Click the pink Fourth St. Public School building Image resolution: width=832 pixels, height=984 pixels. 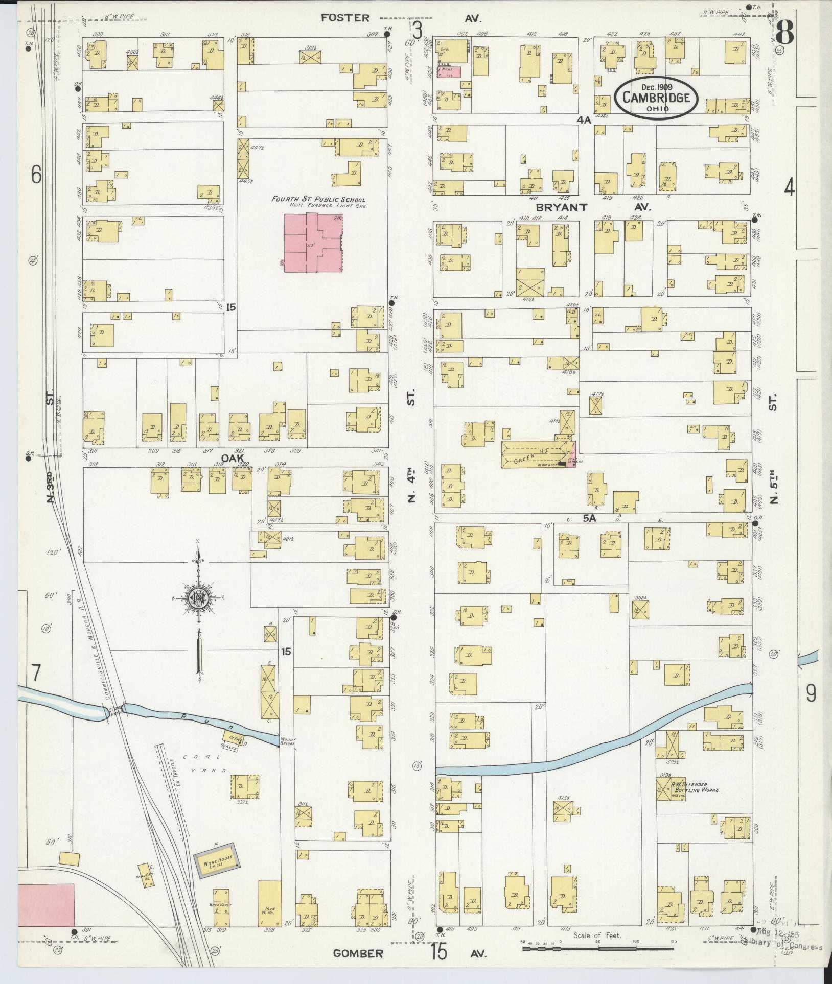tap(313, 242)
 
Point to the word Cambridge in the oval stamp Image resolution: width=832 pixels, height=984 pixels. tap(656, 98)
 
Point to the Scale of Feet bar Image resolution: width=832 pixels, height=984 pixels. tap(598, 948)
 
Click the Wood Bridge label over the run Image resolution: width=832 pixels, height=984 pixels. tap(287, 739)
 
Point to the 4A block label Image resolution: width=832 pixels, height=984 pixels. tap(584, 119)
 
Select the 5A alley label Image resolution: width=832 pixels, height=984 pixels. tap(590, 518)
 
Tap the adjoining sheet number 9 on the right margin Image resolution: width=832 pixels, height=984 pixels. tap(811, 693)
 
